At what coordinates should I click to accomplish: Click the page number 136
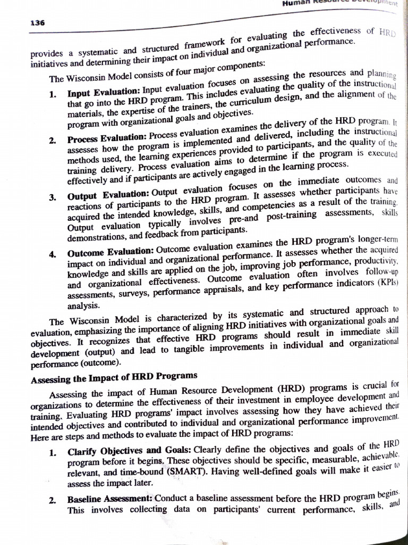38,23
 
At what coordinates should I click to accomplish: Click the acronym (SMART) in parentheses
191,470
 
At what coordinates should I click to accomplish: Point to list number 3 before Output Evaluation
53,197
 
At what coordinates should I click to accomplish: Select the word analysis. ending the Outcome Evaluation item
83,305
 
